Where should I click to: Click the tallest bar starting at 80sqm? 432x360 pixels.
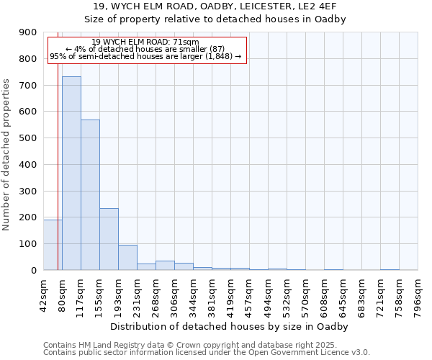71,173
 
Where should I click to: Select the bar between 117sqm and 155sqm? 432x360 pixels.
90,194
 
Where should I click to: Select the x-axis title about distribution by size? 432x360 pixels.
230,326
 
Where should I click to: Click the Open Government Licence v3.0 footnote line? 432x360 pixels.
207,352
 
